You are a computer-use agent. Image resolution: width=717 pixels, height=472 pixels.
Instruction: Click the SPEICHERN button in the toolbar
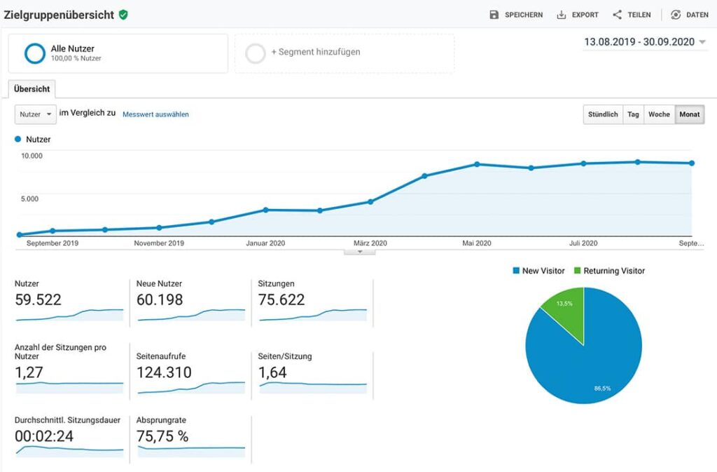tap(516, 15)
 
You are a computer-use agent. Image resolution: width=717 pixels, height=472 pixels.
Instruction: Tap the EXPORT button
tap(578, 15)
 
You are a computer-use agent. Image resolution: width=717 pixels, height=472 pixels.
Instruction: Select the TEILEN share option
tap(632, 15)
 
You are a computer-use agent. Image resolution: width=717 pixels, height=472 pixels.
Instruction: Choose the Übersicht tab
tap(32, 89)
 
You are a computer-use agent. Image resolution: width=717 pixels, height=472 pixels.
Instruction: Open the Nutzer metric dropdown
tap(35, 114)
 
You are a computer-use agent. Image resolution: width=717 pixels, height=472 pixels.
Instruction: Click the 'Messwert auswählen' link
tap(155, 114)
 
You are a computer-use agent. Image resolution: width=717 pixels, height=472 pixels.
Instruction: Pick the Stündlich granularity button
tap(603, 114)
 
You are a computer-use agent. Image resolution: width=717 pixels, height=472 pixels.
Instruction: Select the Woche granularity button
tap(659, 114)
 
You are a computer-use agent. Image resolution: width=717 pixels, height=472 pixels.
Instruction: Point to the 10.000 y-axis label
tap(32, 156)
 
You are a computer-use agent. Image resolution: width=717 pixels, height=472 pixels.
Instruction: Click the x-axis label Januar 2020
tap(265, 243)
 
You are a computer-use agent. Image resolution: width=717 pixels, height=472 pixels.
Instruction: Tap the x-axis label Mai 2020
tap(476, 243)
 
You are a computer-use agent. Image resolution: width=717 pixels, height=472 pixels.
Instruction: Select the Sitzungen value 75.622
tap(281, 300)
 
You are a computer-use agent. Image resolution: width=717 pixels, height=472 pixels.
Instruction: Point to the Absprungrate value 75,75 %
tap(162, 436)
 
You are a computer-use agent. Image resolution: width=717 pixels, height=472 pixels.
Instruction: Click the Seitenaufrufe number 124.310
tap(164, 372)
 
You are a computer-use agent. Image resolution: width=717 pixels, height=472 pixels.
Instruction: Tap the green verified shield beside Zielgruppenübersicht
tap(123, 15)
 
